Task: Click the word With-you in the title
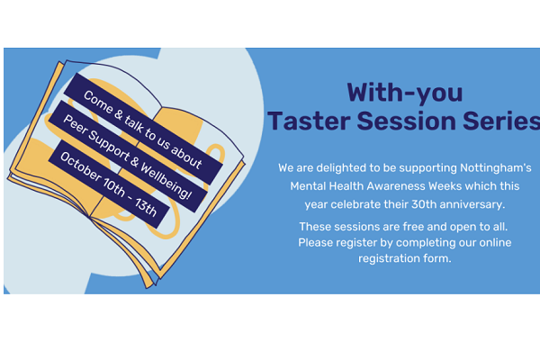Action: coord(405,93)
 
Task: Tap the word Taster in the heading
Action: coord(309,121)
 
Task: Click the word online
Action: coord(495,242)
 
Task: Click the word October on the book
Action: coord(81,166)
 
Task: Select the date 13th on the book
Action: coord(146,208)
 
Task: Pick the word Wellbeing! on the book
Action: coord(166,181)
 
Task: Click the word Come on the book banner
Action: coord(98,102)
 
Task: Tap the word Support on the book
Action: coord(109,146)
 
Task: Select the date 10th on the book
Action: coord(113,188)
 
